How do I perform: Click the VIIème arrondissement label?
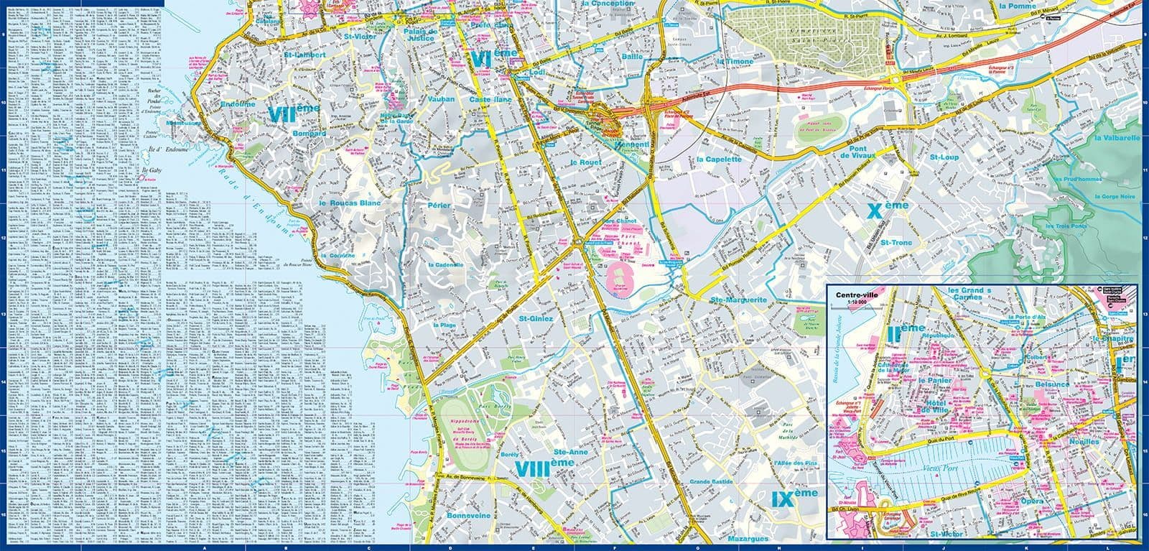point(294,112)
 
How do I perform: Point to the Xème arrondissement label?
point(888,209)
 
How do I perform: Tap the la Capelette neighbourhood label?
point(718,159)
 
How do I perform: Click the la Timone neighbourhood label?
point(735,62)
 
